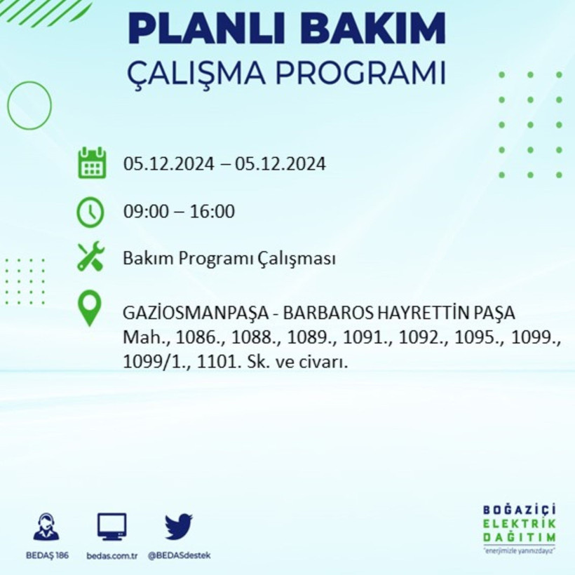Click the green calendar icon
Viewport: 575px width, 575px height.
pyautogui.click(x=92, y=163)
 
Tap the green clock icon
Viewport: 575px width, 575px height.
pyautogui.click(x=90, y=212)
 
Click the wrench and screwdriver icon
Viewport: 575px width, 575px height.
pyautogui.click(x=90, y=257)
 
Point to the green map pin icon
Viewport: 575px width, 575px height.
pyautogui.click(x=90, y=309)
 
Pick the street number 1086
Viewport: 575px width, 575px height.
pyautogui.click(x=198, y=337)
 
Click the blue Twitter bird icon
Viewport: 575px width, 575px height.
pyautogui.click(x=179, y=527)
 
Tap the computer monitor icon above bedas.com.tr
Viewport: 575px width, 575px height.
pyautogui.click(x=111, y=527)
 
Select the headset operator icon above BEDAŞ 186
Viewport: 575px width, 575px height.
pyautogui.click(x=46, y=527)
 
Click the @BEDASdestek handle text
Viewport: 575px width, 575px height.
pyautogui.click(x=179, y=555)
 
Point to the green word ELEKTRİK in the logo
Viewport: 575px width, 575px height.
pyautogui.click(x=519, y=523)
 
